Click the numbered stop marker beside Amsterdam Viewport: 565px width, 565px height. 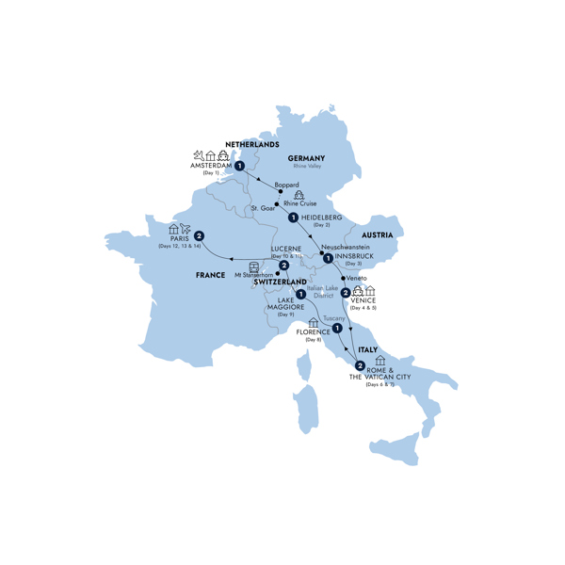coord(240,167)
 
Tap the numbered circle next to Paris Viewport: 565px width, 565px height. coord(200,235)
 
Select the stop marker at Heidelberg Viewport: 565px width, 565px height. coord(295,218)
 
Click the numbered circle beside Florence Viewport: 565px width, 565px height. coord(336,329)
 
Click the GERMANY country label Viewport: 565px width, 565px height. coord(306,157)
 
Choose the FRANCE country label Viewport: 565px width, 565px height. coord(210,275)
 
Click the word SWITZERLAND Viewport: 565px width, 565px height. coord(280,282)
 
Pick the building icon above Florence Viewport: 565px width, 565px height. coord(314,323)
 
